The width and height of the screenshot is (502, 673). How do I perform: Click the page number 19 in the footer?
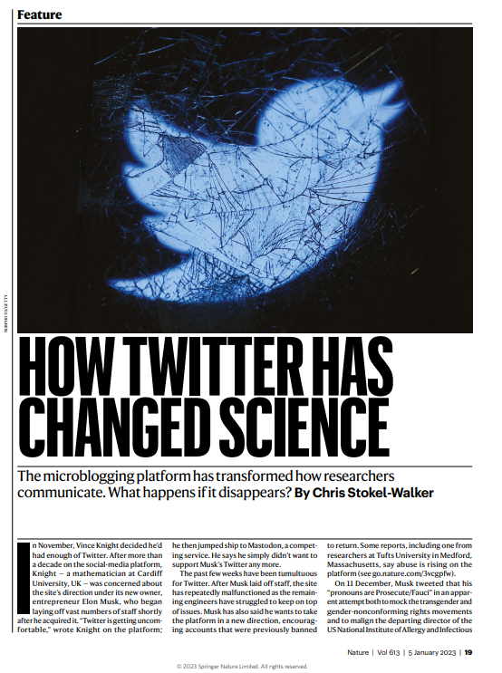click(468, 650)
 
